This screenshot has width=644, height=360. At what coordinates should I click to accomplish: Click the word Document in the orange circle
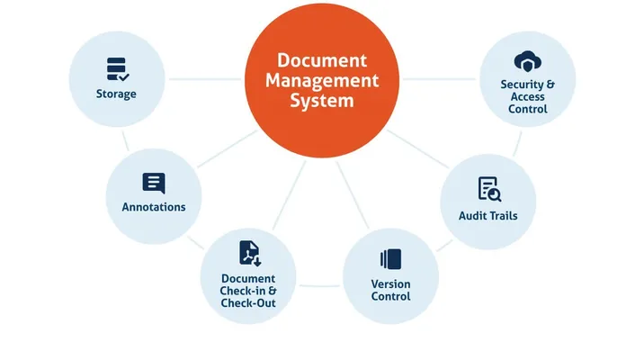click(322, 61)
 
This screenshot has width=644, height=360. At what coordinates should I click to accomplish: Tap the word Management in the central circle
click(322, 81)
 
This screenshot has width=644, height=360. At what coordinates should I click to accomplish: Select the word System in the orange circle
click(322, 101)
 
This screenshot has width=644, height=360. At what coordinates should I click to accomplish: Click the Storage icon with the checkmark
click(117, 69)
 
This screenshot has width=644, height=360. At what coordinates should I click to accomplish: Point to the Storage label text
click(117, 94)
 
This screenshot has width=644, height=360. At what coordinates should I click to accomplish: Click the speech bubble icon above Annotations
click(154, 184)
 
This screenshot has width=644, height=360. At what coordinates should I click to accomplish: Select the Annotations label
click(154, 207)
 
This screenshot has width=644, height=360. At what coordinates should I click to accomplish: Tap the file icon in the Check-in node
click(249, 253)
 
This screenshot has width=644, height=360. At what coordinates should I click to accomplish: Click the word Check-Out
click(248, 303)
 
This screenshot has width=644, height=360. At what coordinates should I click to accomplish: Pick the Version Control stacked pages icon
click(390, 259)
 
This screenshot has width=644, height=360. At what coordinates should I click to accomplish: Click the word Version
click(391, 284)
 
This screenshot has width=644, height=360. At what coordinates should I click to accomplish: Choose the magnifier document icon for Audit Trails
click(488, 189)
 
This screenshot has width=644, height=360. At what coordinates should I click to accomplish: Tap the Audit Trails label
click(488, 216)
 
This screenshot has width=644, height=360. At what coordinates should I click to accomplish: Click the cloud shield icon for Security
click(527, 61)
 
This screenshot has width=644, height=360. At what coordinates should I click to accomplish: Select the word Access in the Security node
click(527, 97)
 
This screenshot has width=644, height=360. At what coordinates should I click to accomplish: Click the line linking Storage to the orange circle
click(205, 79)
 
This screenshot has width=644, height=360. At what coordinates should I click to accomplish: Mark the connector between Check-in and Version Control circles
click(320, 286)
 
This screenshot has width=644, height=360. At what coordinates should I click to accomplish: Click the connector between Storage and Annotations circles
click(127, 140)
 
